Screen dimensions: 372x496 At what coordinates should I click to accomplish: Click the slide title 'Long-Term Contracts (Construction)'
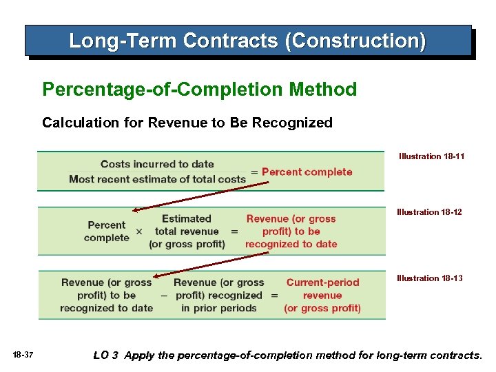coord(247,41)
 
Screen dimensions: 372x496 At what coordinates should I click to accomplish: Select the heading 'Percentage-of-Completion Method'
coord(199,90)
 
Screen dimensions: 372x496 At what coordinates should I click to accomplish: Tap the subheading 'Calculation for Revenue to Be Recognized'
coord(187,123)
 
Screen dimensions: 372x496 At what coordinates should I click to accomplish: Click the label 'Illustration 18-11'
coord(431,156)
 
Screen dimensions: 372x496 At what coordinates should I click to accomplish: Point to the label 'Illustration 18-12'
coord(429,212)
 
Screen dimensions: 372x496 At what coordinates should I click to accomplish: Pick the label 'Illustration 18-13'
coord(429,278)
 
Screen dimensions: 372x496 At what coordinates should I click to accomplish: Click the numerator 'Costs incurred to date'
coord(157,164)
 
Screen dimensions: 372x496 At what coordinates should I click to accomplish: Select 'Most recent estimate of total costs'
coord(157,179)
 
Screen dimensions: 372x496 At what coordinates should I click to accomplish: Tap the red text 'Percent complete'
coord(307,172)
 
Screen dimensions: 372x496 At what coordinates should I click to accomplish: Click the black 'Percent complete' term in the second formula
coord(107,231)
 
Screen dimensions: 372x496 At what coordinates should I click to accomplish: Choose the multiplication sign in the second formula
coord(139,232)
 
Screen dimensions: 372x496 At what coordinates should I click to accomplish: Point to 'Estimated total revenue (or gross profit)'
coord(187,231)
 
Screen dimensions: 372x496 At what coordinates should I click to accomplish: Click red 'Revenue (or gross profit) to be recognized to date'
coord(291,231)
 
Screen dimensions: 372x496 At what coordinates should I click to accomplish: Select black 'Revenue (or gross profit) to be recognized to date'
coord(106,295)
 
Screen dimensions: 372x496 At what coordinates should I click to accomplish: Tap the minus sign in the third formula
coord(163,296)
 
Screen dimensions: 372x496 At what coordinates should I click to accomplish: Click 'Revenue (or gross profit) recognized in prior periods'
coord(218,295)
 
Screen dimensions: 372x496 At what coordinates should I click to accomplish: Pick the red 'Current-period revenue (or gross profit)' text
coord(322,295)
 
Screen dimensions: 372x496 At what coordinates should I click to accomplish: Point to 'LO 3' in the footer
coord(106,355)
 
